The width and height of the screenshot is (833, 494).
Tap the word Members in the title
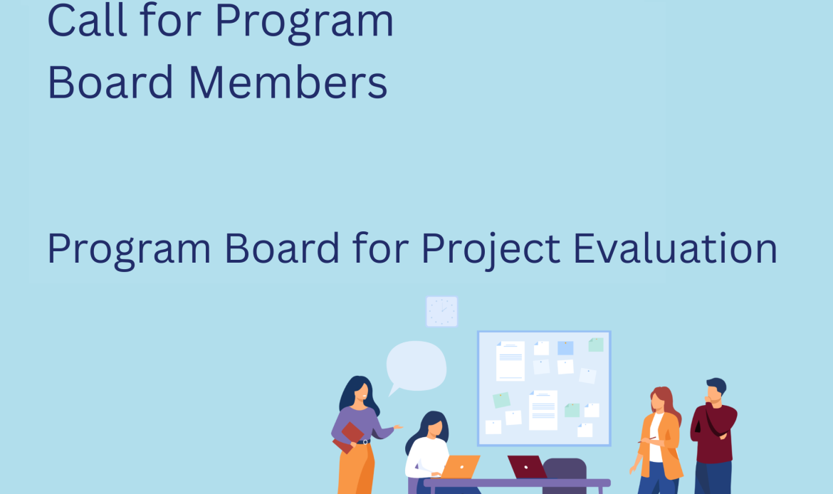tap(288, 83)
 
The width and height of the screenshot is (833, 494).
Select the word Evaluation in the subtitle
tap(675, 248)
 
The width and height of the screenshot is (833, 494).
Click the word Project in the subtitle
tap(491, 250)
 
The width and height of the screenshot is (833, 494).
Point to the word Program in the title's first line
tap(304, 24)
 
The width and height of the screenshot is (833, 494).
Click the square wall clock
tap(442, 311)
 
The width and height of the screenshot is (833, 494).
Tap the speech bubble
tap(416, 367)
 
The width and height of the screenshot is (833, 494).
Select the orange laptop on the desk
tap(461, 466)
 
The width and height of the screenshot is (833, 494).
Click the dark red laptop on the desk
tap(526, 466)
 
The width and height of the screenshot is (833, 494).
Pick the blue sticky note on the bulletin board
tap(565, 348)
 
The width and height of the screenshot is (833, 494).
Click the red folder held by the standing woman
tap(348, 437)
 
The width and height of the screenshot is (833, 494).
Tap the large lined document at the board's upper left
tap(510, 361)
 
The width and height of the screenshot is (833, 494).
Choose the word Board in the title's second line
tap(110, 83)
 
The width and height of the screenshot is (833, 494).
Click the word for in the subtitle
tap(381, 248)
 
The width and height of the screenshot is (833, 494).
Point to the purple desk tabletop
tap(517, 483)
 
